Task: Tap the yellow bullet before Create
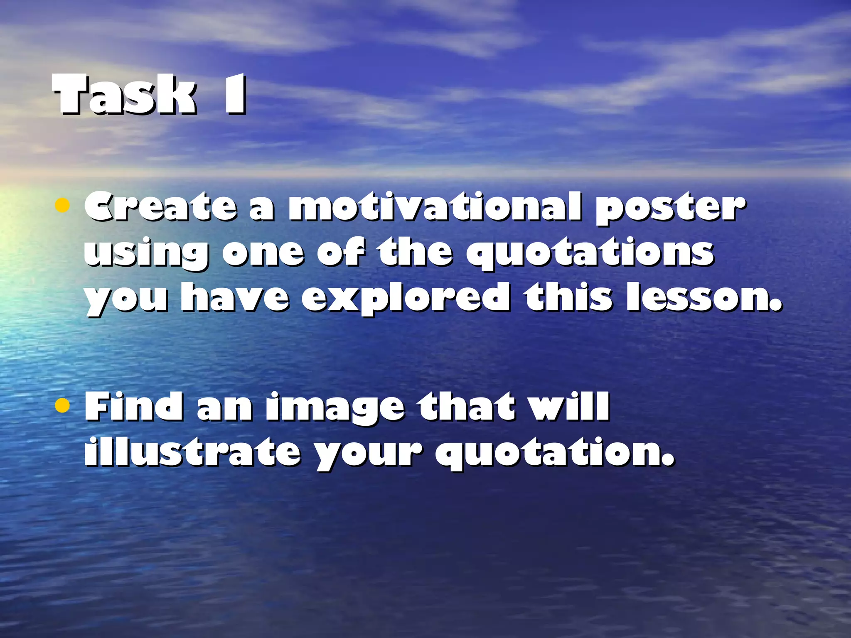(62, 205)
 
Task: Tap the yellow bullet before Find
(62, 405)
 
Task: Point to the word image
(335, 408)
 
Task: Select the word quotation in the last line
(554, 453)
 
